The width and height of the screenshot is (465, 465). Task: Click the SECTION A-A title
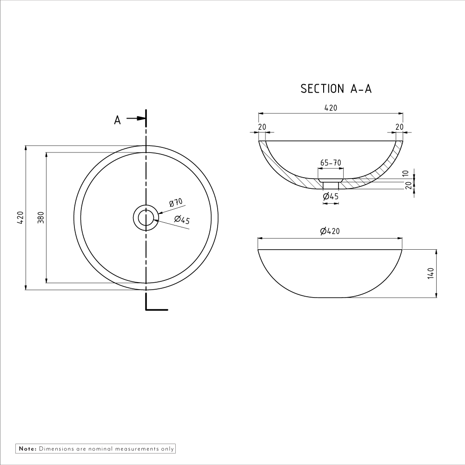coord(336,89)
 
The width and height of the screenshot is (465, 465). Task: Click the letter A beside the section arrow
coord(118,120)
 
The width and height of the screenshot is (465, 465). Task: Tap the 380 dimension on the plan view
coord(41,218)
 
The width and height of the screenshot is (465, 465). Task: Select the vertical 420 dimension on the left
coord(20,218)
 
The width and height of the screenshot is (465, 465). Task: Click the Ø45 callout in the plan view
coord(182,220)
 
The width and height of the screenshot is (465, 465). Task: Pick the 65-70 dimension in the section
coord(331,163)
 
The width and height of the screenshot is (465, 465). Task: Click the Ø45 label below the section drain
coord(331,197)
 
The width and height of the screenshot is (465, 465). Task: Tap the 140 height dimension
coord(431,273)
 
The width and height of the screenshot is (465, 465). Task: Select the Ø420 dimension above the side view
coord(330,231)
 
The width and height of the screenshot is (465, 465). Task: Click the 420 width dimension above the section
coord(330,108)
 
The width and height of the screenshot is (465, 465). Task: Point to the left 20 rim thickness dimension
coord(262,126)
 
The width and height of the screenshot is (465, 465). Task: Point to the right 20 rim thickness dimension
coord(399,126)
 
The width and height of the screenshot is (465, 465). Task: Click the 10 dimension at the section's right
coord(405,174)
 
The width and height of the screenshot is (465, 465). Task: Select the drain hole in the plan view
coord(146,218)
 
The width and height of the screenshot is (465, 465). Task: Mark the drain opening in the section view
coord(331,185)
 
